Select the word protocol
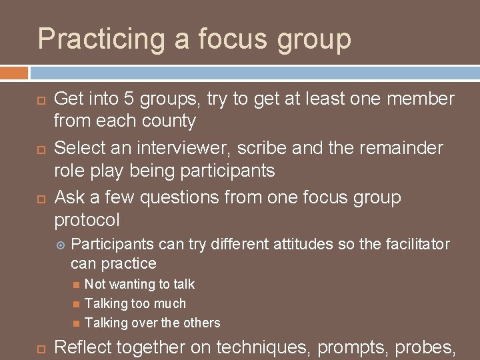click(x=87, y=221)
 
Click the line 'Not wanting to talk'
click(x=139, y=285)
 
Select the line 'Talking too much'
click(x=135, y=304)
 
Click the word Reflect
click(x=83, y=347)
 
